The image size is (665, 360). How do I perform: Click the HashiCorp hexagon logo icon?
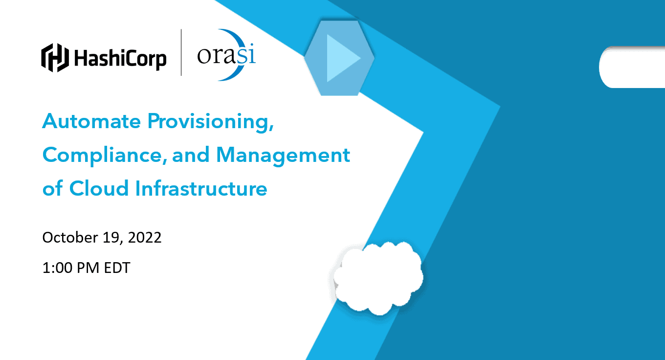pyautogui.click(x=55, y=58)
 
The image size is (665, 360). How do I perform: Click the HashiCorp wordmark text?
pyautogui.click(x=120, y=59)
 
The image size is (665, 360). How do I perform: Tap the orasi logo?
pyautogui.click(x=226, y=55)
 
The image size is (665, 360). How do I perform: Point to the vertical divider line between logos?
pyautogui.click(x=181, y=52)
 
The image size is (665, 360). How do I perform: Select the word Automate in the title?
pyautogui.click(x=91, y=121)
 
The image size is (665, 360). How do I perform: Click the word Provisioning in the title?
pyautogui.click(x=210, y=122)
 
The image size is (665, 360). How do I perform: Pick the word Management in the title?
pyautogui.click(x=283, y=156)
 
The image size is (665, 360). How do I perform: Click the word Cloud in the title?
pyautogui.click(x=99, y=188)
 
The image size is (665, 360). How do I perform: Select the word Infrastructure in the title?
pyautogui.click(x=201, y=188)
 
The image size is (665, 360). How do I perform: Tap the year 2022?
pyautogui.click(x=145, y=238)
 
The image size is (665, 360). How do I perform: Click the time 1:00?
pyautogui.click(x=57, y=268)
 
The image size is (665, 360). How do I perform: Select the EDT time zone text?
pyautogui.click(x=117, y=268)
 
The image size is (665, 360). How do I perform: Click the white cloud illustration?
pyautogui.click(x=377, y=278)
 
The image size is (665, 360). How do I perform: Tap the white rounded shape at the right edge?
pyautogui.click(x=632, y=67)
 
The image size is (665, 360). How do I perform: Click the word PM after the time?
pyautogui.click(x=88, y=268)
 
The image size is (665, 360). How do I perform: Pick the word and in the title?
pyautogui.click(x=191, y=156)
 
